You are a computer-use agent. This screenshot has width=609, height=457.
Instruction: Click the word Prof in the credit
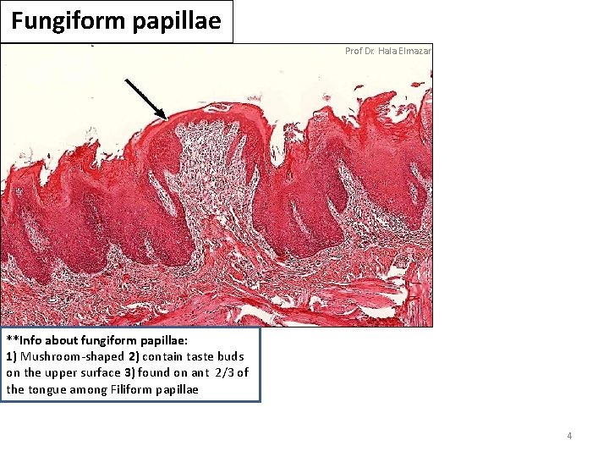point(354,51)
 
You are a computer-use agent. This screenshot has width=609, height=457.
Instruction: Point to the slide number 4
point(569,436)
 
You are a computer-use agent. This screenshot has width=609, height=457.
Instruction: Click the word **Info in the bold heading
point(23,340)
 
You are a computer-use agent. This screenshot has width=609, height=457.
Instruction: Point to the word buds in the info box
point(231,356)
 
